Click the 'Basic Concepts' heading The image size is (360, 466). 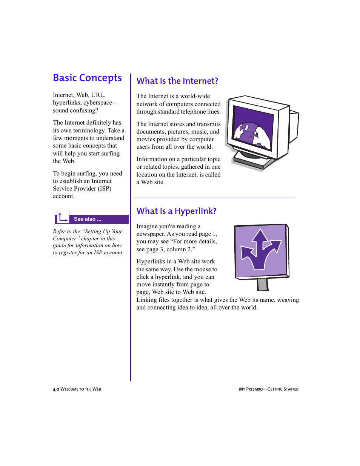[x=87, y=78]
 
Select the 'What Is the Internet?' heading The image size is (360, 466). [x=177, y=81]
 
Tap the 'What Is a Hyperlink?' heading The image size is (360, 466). [x=176, y=211]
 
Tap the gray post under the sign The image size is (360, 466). [x=263, y=285]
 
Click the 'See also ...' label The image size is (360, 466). [x=88, y=219]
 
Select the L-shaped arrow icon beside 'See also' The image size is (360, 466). [x=63, y=217]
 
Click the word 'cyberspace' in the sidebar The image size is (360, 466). [x=98, y=103]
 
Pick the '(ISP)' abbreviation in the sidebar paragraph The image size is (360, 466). [x=105, y=189]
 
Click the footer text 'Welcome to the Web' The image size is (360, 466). [x=81, y=389]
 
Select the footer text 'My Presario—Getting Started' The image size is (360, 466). [x=269, y=389]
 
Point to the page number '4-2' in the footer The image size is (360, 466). [x=56, y=389]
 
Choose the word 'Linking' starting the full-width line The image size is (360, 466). [x=146, y=300]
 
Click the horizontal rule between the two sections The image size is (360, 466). [x=214, y=197]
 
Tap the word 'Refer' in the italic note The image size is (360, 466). [x=59, y=231]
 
